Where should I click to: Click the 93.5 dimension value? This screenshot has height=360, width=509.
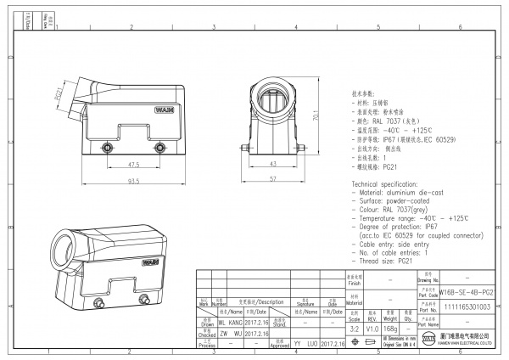(x=134, y=180)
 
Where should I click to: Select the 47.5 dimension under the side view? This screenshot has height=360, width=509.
(x=134, y=164)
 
